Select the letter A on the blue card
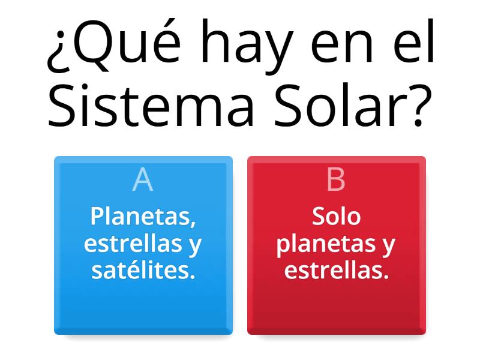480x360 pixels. [x=143, y=179]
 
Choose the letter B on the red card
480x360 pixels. [x=336, y=179]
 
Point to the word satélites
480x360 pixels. [x=143, y=271]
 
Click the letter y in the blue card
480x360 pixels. [x=195, y=246]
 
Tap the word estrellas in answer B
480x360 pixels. [x=336, y=271]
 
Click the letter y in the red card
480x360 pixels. [x=389, y=246]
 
